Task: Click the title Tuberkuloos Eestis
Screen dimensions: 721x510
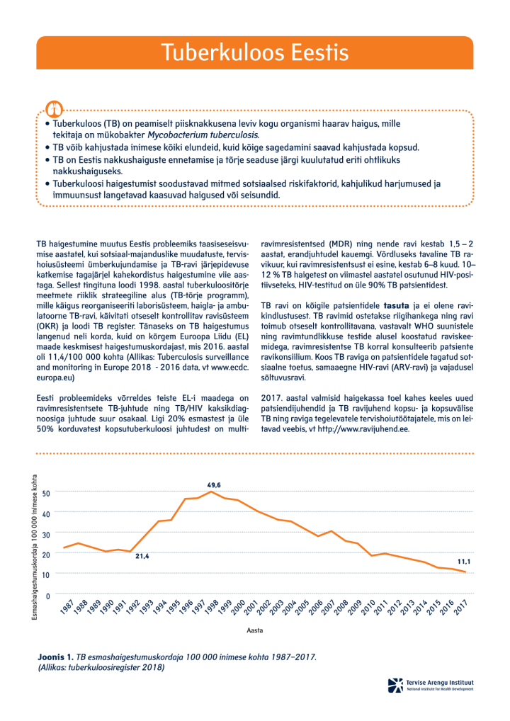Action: click(254, 53)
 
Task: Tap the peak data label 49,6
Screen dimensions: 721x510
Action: click(214, 484)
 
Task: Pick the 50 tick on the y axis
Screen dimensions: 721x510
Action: click(46, 493)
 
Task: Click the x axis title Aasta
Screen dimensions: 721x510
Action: click(255, 630)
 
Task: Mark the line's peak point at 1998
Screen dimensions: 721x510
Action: click(210, 492)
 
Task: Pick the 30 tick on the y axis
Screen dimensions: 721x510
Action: click(46, 534)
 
